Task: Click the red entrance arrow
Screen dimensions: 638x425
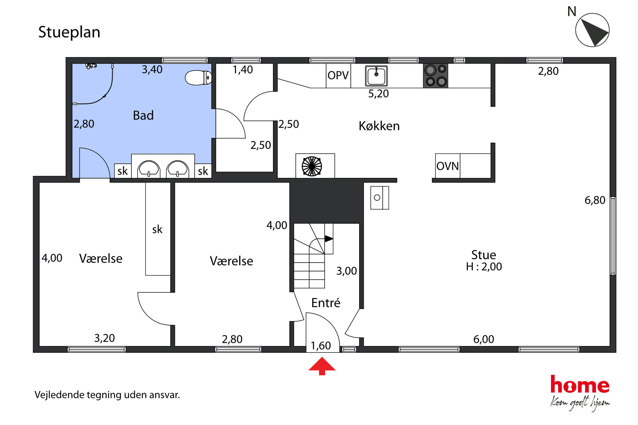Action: [x=322, y=366]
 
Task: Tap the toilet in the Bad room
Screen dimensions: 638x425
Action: [x=198, y=77]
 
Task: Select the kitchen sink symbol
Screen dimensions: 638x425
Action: [x=376, y=76]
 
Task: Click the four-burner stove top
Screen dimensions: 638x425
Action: [x=436, y=75]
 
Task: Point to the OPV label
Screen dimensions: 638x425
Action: [x=338, y=75]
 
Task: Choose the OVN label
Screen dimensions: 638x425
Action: [x=447, y=166]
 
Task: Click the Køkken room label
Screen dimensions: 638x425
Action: [x=379, y=126]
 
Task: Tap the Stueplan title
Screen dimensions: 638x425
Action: [x=69, y=32]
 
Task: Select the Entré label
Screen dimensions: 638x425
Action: [x=326, y=303]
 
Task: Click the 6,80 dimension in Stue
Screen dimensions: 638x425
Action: [x=595, y=200]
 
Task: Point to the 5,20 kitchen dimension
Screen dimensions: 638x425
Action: [x=378, y=94]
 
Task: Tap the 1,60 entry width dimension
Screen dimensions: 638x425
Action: [x=321, y=346]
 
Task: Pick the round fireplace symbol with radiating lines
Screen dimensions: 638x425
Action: [x=312, y=166]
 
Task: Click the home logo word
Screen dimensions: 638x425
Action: [x=580, y=385]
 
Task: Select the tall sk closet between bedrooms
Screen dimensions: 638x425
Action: [x=158, y=229]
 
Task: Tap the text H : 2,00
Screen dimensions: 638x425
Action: [x=484, y=267]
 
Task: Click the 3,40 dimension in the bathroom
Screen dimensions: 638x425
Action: [x=152, y=69]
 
